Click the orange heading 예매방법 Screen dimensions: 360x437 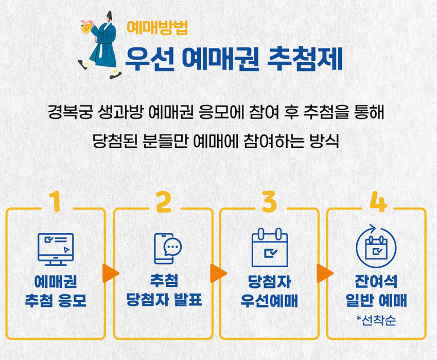click(157, 26)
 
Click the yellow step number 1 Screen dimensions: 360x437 click(56, 202)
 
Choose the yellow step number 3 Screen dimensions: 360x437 click(269, 202)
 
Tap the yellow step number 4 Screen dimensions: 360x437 click(378, 202)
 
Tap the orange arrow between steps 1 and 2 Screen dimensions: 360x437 click(110, 273)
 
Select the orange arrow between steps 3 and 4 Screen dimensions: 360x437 click(324, 273)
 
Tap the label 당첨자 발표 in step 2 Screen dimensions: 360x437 click(164, 300)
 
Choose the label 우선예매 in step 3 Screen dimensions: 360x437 click(269, 300)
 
